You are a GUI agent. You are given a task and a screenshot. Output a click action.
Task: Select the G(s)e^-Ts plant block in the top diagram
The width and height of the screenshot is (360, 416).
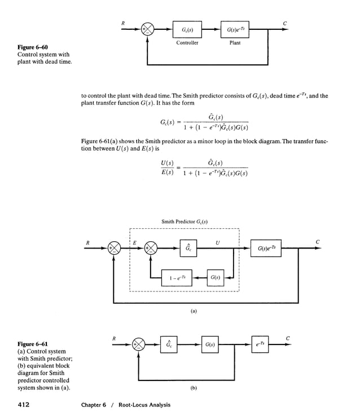pos(235,30)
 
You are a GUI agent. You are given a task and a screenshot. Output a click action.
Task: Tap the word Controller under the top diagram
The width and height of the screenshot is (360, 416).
pos(187,43)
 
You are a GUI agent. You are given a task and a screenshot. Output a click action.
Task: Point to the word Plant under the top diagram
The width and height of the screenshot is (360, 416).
pos(235,43)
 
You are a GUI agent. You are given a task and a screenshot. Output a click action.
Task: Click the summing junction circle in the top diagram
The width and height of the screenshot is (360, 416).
pos(148,30)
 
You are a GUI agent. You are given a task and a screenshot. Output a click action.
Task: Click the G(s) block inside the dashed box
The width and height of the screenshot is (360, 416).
pos(215,277)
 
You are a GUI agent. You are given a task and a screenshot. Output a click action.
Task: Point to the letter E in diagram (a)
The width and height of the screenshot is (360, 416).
pos(134,242)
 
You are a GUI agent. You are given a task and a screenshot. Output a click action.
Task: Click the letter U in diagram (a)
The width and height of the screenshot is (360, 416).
pos(217,242)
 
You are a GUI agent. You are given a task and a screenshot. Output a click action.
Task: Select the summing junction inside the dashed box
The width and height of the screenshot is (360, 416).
pos(151,248)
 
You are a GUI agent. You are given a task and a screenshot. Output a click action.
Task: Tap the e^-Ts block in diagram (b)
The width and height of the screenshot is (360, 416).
pos(260,344)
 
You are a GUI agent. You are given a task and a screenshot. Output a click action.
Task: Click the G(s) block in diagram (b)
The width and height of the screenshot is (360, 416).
pos(209,344)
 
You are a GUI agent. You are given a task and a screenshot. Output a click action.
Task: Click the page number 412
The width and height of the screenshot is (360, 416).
pos(24,404)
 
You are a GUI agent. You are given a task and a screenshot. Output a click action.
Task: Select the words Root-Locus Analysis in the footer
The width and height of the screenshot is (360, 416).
pos(144,405)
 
